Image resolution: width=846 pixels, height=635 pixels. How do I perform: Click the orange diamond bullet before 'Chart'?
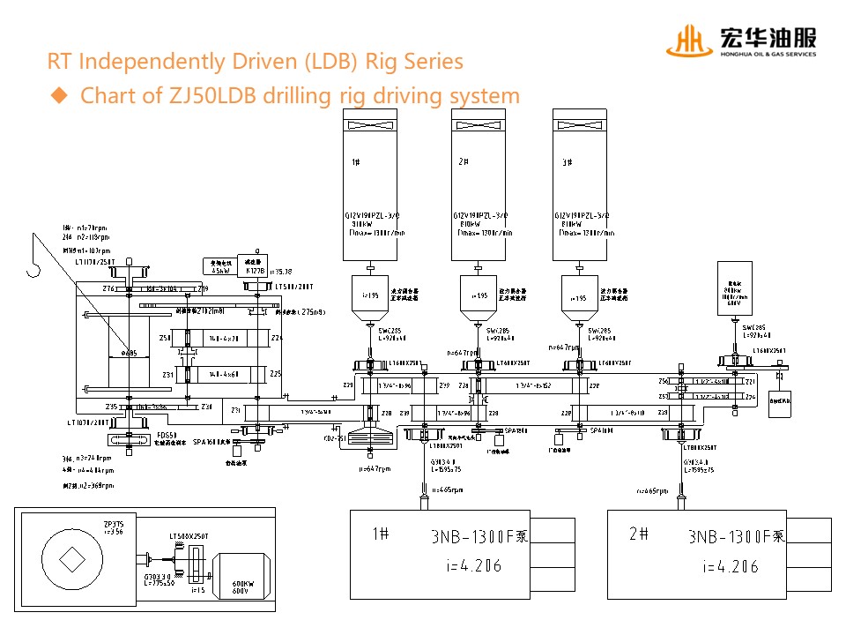(x=59, y=95)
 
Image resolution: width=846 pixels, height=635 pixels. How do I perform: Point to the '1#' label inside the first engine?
(x=355, y=162)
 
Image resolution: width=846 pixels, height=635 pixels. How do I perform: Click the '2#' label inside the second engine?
(x=464, y=162)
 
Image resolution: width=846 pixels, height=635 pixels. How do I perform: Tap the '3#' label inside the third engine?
(x=566, y=162)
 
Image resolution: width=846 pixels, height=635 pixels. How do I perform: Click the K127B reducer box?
(x=255, y=265)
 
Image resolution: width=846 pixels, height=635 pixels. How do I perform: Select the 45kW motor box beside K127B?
(x=219, y=265)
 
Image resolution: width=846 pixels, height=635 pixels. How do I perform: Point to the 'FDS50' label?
(x=167, y=435)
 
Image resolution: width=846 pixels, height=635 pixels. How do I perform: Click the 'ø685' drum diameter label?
(x=128, y=353)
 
